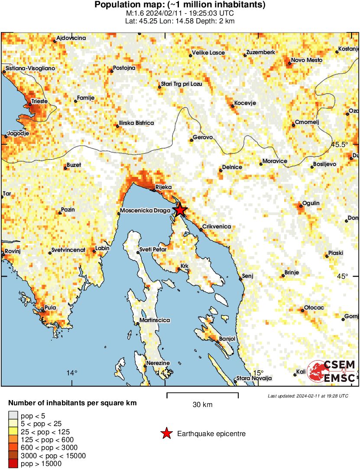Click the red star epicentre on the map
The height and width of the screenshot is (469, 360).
[180, 210]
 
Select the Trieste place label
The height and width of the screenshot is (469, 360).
[38, 101]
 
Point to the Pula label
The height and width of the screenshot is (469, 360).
[50, 308]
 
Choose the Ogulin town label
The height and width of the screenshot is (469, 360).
[311, 203]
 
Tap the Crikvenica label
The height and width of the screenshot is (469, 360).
[217, 227]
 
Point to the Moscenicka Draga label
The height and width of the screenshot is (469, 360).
[145, 211]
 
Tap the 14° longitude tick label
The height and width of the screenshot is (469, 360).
[72, 373]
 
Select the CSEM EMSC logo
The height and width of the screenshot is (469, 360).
[332, 372]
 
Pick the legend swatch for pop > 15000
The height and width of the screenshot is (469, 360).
[13, 464]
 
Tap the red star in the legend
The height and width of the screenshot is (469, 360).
[166, 433]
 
